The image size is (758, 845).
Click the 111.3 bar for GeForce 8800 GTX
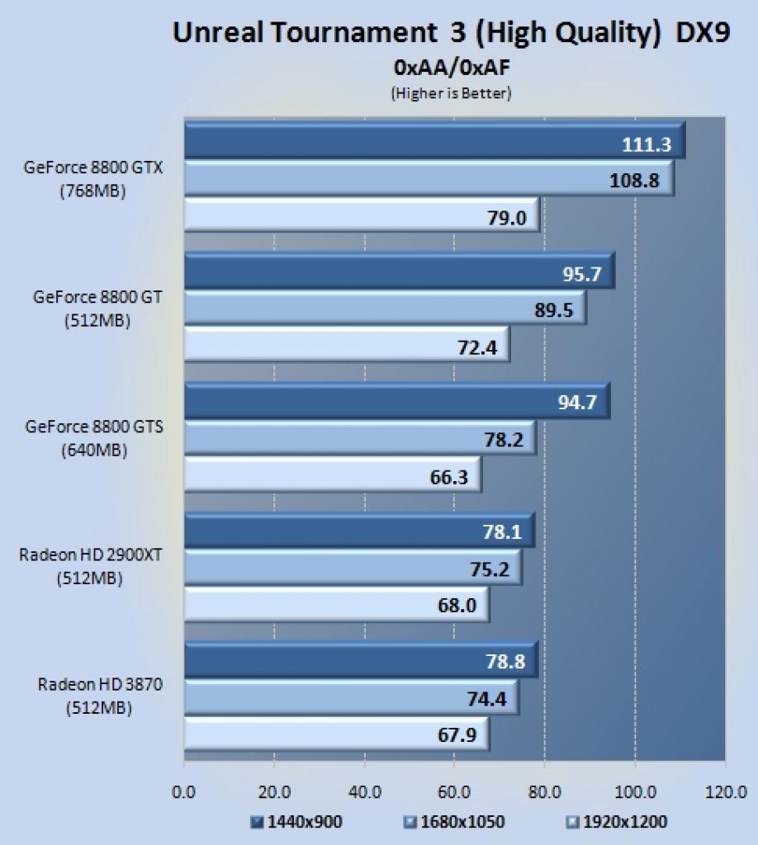tap(434, 140)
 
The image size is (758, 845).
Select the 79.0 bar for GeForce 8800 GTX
tap(362, 215)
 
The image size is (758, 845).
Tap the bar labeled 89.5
tap(386, 309)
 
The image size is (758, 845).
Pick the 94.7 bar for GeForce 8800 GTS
tap(397, 401)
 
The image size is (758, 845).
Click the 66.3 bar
tap(333, 474)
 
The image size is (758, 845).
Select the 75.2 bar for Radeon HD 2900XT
tap(353, 567)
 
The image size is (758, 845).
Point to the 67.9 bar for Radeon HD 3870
tap(337, 734)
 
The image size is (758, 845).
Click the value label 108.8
tap(634, 180)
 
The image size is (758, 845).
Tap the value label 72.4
tap(477, 347)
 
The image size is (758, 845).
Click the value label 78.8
tap(505, 661)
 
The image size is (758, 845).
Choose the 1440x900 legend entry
tap(296, 822)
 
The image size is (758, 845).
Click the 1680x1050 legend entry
tap(454, 822)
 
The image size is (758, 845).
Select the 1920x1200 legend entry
tap(618, 822)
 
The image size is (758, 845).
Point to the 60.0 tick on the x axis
tap(454, 792)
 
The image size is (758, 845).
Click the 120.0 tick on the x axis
tap(726, 792)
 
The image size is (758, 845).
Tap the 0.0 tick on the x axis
tap(183, 792)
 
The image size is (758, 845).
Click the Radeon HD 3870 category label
tap(100, 696)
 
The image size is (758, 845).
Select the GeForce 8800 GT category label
tap(97, 309)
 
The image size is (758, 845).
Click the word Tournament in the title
tap(354, 32)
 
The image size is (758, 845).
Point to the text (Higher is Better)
tap(451, 93)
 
